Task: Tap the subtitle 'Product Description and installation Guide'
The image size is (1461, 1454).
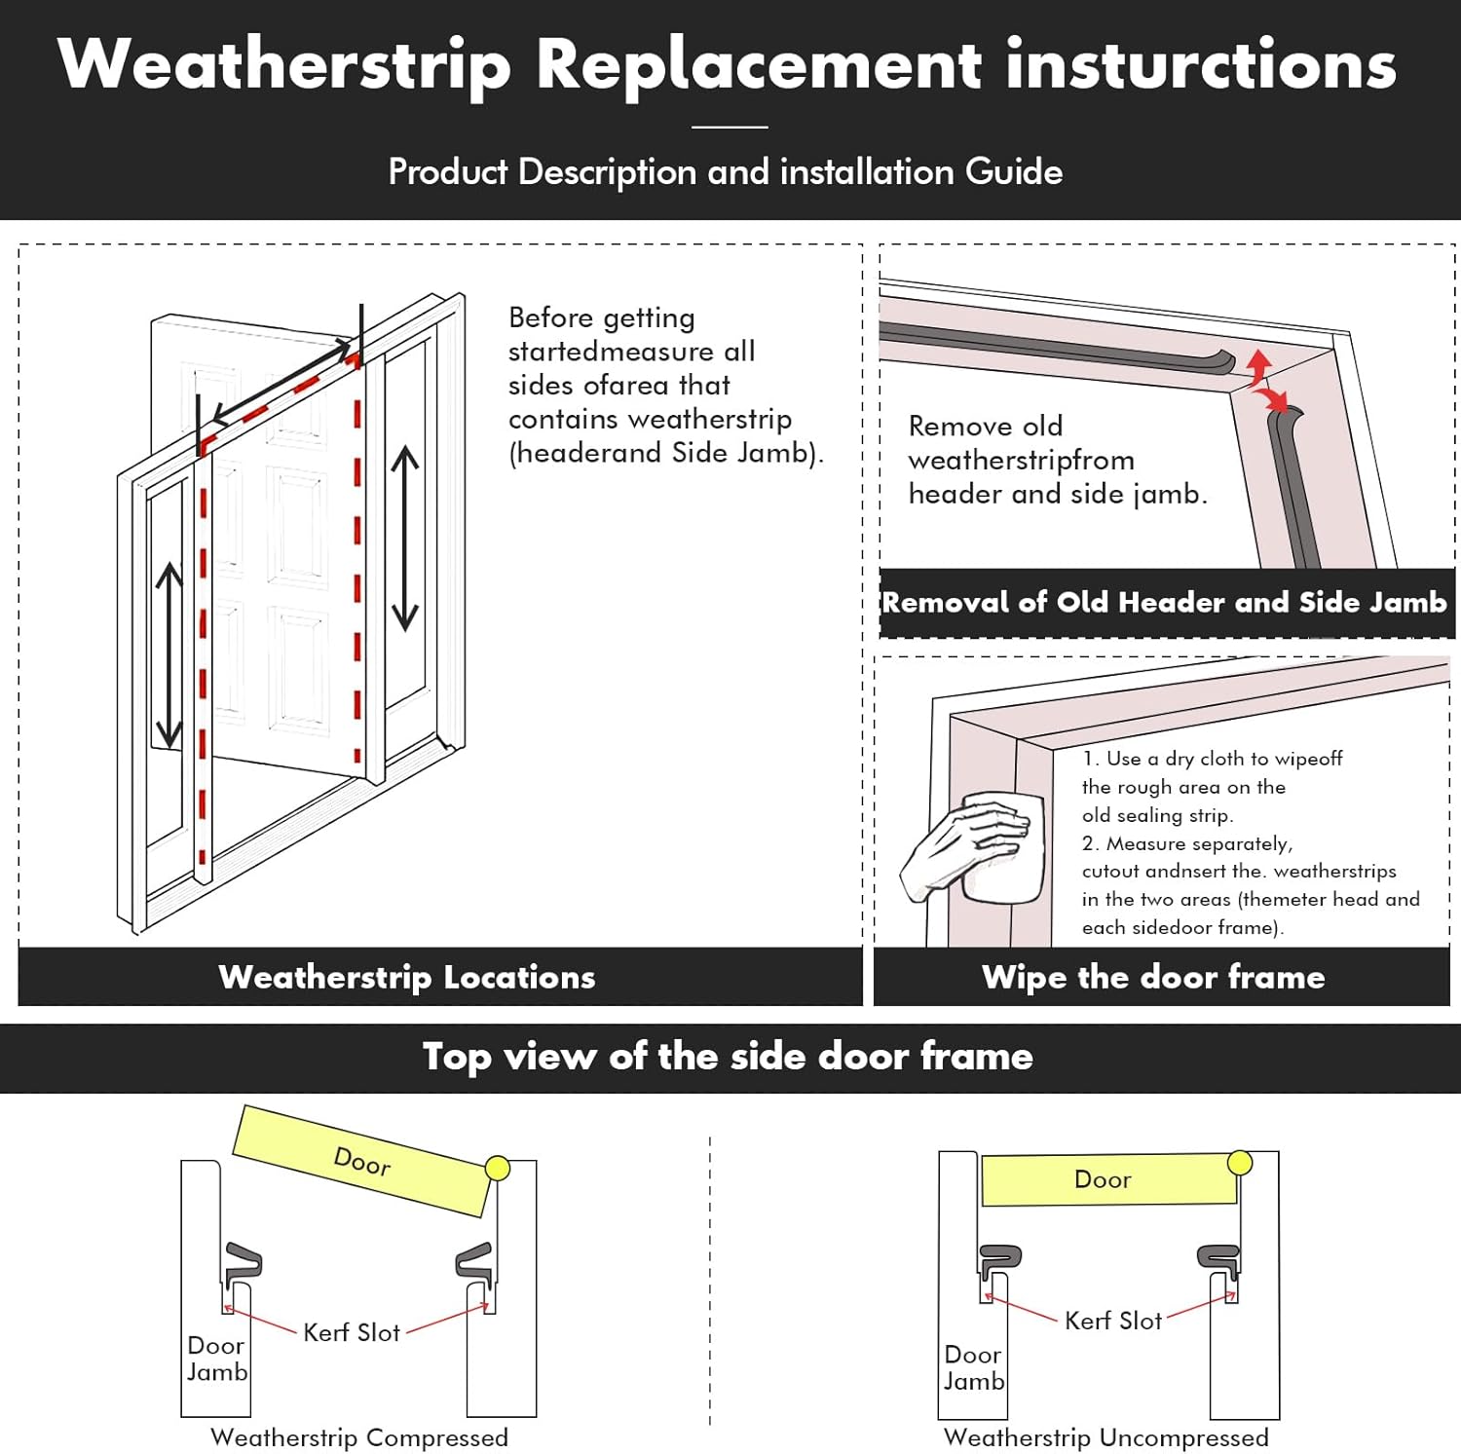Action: pyautogui.click(x=725, y=171)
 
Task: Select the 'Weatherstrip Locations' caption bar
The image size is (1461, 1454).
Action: pyautogui.click(x=407, y=977)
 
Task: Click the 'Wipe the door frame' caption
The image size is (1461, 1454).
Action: pyautogui.click(x=1153, y=977)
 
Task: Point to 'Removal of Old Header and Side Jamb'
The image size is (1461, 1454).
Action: pyautogui.click(x=1165, y=603)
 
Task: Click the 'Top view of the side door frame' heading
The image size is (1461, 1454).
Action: pyautogui.click(x=728, y=1057)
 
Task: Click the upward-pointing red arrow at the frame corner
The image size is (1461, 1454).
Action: pyautogui.click(x=1259, y=367)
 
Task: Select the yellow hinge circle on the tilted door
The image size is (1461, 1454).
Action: pyautogui.click(x=498, y=1168)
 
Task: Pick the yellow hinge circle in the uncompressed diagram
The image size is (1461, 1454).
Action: pyautogui.click(x=1240, y=1162)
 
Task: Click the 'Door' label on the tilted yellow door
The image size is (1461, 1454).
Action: pyautogui.click(x=362, y=1161)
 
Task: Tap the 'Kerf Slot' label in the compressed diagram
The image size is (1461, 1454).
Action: pyautogui.click(x=352, y=1332)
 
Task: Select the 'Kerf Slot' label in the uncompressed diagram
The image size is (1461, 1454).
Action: pyautogui.click(x=1113, y=1321)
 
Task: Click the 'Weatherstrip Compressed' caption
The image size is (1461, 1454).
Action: pyautogui.click(x=359, y=1437)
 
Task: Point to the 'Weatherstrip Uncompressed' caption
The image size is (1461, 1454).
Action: pyautogui.click(x=1106, y=1437)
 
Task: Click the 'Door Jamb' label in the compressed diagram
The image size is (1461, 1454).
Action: pyautogui.click(x=216, y=1359)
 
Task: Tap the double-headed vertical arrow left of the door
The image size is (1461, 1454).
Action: pyautogui.click(x=169, y=654)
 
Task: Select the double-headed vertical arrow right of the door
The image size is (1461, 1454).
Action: pyautogui.click(x=405, y=539)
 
